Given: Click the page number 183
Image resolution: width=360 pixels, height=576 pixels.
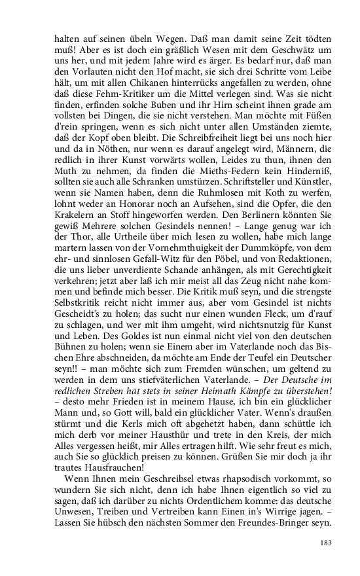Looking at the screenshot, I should (x=326, y=543).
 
